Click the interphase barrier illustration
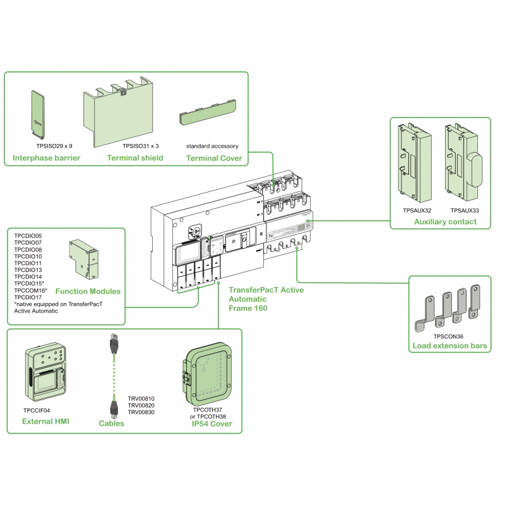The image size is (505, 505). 39,114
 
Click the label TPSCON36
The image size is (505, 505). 448,336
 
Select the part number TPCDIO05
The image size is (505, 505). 28,235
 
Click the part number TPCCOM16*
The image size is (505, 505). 30,290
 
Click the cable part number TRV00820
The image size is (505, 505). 141,405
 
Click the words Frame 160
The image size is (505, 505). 248,308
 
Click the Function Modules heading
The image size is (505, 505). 88,292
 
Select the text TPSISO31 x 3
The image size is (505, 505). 140,146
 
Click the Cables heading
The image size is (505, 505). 112,424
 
